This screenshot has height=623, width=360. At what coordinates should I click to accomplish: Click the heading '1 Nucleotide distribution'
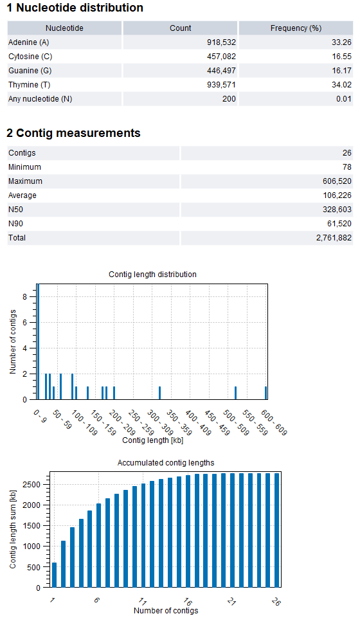click(x=75, y=8)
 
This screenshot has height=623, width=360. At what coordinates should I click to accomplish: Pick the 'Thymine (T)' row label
click(x=28, y=85)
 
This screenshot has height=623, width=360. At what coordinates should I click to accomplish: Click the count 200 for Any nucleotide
click(x=229, y=99)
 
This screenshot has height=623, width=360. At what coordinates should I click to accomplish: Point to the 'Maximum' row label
click(x=22, y=181)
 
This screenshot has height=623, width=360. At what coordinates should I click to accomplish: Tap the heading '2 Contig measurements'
click(x=73, y=133)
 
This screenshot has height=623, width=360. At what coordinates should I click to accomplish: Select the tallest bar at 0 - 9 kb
click(x=38, y=341)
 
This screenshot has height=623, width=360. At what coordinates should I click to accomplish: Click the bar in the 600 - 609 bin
click(x=265, y=393)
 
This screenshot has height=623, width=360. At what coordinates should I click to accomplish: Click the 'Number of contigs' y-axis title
click(x=13, y=341)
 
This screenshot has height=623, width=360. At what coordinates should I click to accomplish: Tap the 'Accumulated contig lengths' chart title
click(x=166, y=463)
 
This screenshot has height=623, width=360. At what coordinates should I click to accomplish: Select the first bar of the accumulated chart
click(x=54, y=575)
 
